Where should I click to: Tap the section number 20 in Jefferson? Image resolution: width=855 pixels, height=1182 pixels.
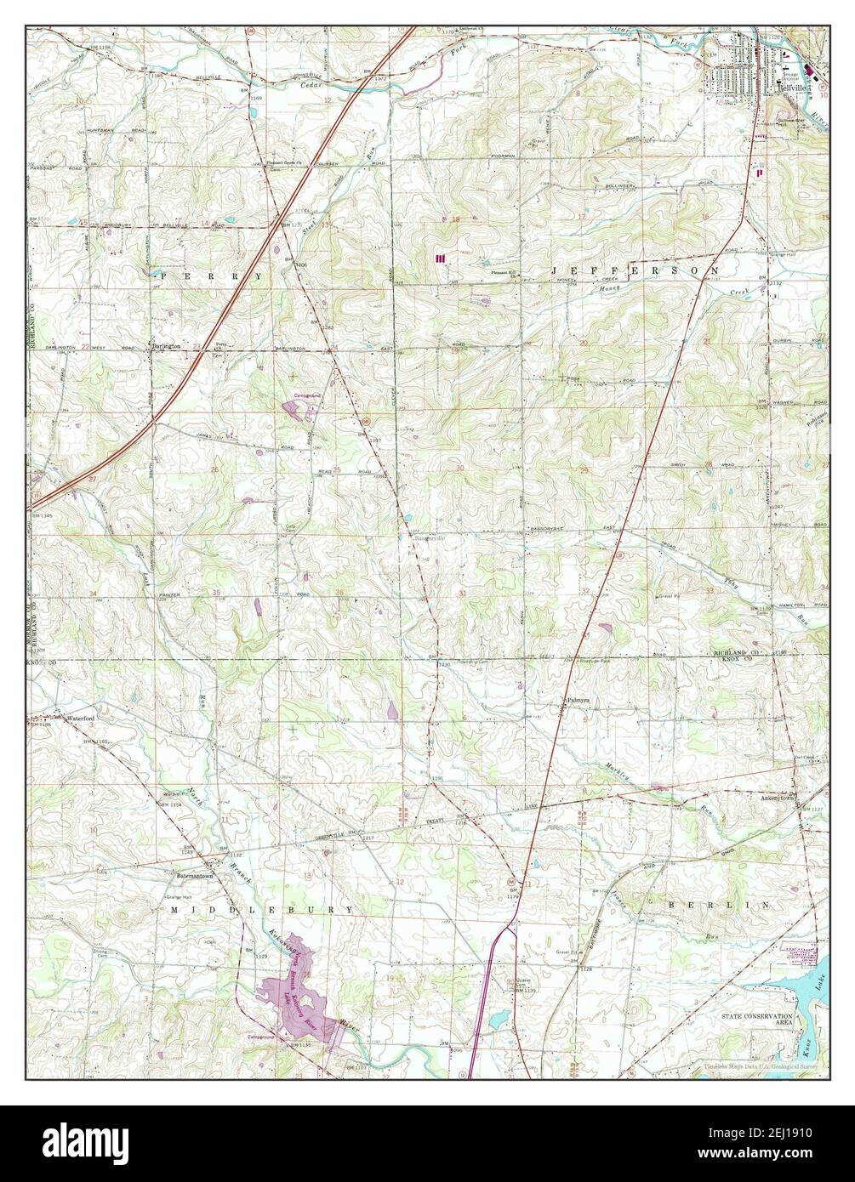coord(584,343)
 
